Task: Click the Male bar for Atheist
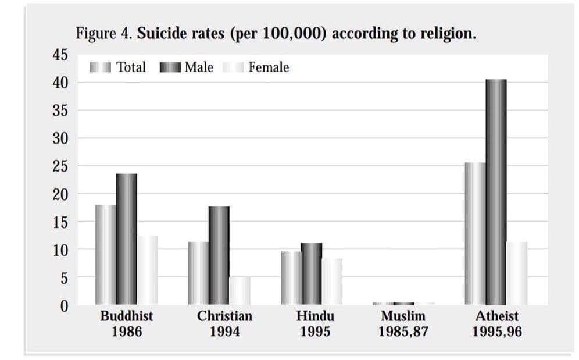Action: click(x=496, y=192)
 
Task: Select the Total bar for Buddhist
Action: click(x=106, y=255)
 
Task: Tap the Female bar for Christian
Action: click(x=240, y=291)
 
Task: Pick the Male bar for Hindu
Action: click(x=311, y=274)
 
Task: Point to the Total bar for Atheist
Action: click(x=475, y=234)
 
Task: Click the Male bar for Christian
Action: click(x=219, y=255)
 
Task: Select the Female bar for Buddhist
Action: click(x=147, y=270)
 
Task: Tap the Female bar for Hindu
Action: click(x=332, y=282)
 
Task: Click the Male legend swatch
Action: click(x=170, y=67)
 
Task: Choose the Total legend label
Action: click(x=131, y=67)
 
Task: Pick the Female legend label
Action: click(x=269, y=67)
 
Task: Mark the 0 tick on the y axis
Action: click(x=65, y=305)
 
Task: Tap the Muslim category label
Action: click(x=403, y=317)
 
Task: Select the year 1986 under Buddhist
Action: click(x=126, y=332)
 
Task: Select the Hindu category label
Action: click(x=315, y=317)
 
